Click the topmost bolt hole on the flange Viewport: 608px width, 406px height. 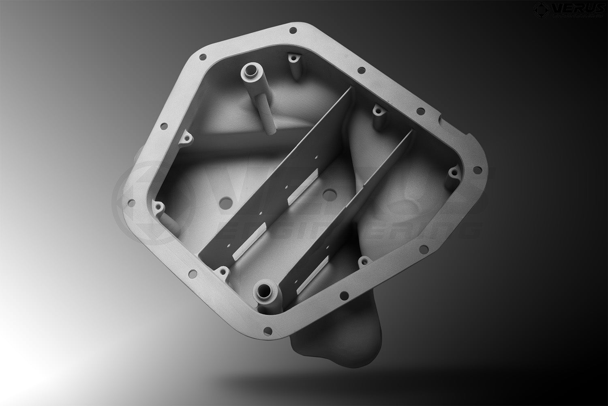[x=291, y=30]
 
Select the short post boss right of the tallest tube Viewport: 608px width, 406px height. [x=292, y=61]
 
